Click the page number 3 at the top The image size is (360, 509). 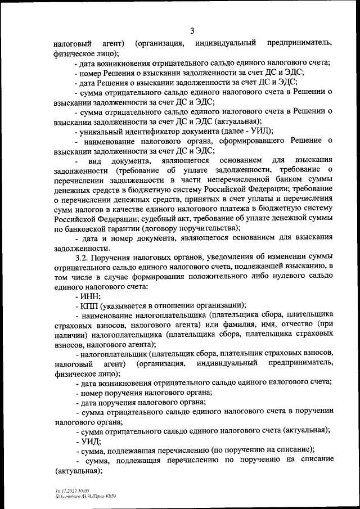[x=192, y=30]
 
